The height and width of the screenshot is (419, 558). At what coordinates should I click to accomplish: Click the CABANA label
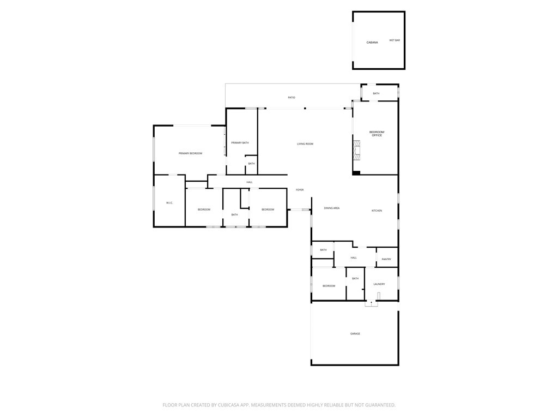[x=372, y=43]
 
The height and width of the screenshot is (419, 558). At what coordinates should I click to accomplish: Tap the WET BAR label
[x=395, y=40]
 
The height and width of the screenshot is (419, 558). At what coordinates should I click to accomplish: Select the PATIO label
[x=292, y=97]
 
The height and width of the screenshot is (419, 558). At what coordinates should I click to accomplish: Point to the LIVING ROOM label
[x=305, y=144]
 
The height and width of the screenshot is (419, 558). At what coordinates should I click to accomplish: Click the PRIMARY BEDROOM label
[x=190, y=153]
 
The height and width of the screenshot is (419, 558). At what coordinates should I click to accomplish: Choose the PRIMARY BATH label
[x=240, y=143]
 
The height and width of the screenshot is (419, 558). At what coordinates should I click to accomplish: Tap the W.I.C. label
[x=169, y=203]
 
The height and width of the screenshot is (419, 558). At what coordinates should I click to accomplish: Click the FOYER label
[x=300, y=190]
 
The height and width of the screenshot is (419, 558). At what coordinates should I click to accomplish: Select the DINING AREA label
[x=332, y=208]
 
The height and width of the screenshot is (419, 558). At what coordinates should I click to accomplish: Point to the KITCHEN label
[x=377, y=211]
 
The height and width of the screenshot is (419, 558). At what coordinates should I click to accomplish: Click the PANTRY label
[x=386, y=259]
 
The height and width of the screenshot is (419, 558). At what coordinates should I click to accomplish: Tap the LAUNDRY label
[x=379, y=284]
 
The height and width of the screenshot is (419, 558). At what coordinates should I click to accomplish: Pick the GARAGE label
[x=355, y=333]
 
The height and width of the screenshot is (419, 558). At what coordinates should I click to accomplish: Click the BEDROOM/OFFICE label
[x=377, y=134]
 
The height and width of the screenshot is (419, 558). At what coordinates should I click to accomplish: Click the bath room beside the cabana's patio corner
[x=379, y=93]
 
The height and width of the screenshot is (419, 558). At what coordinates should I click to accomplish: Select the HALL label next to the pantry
[x=354, y=258]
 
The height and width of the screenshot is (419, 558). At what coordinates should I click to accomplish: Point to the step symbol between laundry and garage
[x=371, y=304]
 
